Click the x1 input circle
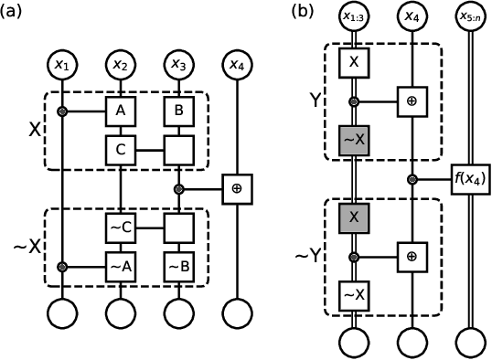(x=62, y=65)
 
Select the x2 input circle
(x=120, y=65)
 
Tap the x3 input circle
(x=178, y=65)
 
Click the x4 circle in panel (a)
(x=237, y=65)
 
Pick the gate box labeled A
(x=120, y=111)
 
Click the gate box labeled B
(x=178, y=111)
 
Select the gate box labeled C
(x=120, y=146)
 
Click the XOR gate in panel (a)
(x=237, y=189)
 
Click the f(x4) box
(x=467, y=179)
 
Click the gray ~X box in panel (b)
(x=353, y=139)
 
